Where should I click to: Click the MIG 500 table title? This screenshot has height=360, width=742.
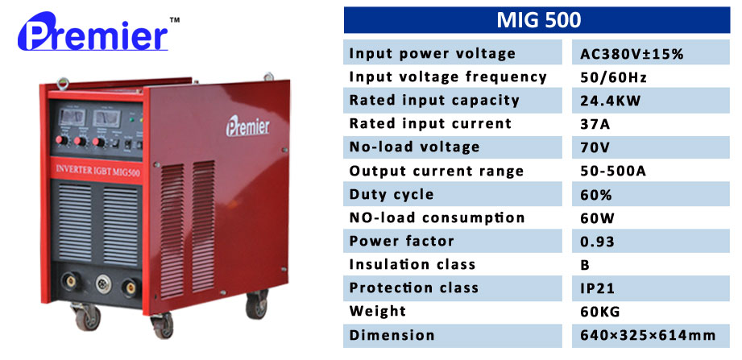(538, 20)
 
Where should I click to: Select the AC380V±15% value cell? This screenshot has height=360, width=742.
(632, 54)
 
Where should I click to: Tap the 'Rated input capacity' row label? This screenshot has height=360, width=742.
(434, 101)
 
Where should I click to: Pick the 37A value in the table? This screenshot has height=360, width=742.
(595, 124)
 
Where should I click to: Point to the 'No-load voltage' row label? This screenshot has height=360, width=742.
(414, 147)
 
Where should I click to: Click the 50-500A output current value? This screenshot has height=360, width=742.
(613, 170)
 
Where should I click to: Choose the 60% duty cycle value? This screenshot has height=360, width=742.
(596, 194)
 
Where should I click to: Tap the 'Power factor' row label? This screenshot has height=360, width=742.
(401, 241)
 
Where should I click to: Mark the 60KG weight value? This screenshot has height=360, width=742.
(599, 311)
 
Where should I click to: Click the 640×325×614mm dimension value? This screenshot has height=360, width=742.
(648, 335)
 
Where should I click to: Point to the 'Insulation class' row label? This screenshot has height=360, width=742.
(412, 264)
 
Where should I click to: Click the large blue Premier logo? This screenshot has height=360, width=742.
(93, 32)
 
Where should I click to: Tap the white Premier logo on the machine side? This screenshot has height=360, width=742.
(247, 126)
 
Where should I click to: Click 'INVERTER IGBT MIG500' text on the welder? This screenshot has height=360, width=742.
(98, 170)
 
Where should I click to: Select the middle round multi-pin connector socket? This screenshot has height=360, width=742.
(103, 283)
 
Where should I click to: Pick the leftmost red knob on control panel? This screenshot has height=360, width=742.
(61, 140)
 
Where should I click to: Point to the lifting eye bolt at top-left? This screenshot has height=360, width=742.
(63, 84)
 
